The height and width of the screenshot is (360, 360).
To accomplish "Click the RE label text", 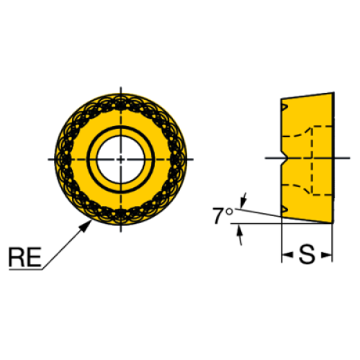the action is click(25, 257).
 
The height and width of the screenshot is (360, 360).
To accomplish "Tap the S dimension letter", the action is click(307, 255).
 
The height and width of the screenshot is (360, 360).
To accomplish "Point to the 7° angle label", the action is click(222, 215).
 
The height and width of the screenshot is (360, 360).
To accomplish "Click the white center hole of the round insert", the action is click(120, 159).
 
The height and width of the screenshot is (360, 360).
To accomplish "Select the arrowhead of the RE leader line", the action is click(86, 226).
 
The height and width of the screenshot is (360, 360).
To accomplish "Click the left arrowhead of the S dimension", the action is click(287, 255).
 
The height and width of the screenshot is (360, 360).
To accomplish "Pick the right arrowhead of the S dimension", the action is click(327, 255).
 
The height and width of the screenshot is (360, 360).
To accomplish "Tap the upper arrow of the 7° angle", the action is click(243, 199).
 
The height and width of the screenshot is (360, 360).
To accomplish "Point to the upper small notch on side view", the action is click(284, 107).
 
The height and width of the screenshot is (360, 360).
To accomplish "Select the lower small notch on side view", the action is click(284, 210).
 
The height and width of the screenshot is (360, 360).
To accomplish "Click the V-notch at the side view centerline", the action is click(284, 158).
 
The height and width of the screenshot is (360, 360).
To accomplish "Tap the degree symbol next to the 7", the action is click(230, 212).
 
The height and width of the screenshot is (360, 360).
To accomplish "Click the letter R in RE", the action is click(17, 257).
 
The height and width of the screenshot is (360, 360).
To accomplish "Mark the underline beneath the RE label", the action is click(26, 269).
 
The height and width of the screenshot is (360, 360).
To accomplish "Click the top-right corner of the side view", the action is click(334, 92).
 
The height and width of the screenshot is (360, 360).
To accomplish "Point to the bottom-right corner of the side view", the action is click(333, 223).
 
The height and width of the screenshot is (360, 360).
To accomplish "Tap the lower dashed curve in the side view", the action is click(297, 189).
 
